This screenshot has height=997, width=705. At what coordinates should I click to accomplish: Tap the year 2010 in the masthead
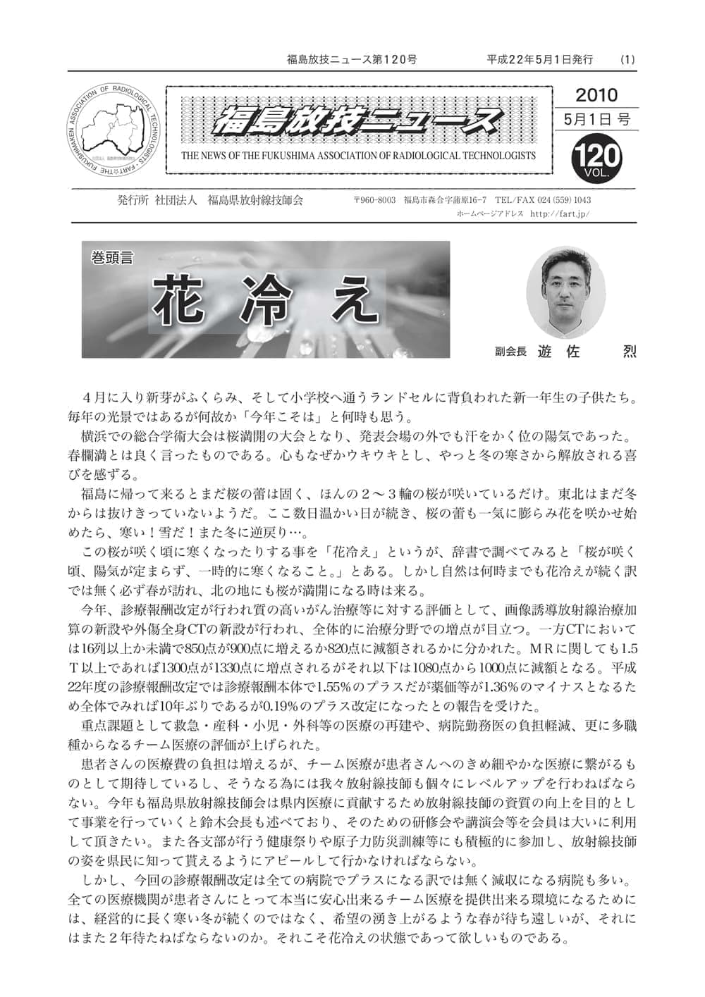[596, 95]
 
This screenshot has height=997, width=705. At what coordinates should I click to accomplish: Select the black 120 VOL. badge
[596, 156]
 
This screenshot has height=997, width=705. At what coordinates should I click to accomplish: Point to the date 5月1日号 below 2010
[596, 119]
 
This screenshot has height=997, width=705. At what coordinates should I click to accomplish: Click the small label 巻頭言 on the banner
[111, 258]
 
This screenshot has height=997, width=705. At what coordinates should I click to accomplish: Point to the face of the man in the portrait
[568, 285]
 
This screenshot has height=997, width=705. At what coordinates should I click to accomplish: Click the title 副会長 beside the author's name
[510, 351]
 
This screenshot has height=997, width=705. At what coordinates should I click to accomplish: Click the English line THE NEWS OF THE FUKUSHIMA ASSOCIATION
[358, 156]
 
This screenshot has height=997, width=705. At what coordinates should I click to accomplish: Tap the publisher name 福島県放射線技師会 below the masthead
[255, 201]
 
